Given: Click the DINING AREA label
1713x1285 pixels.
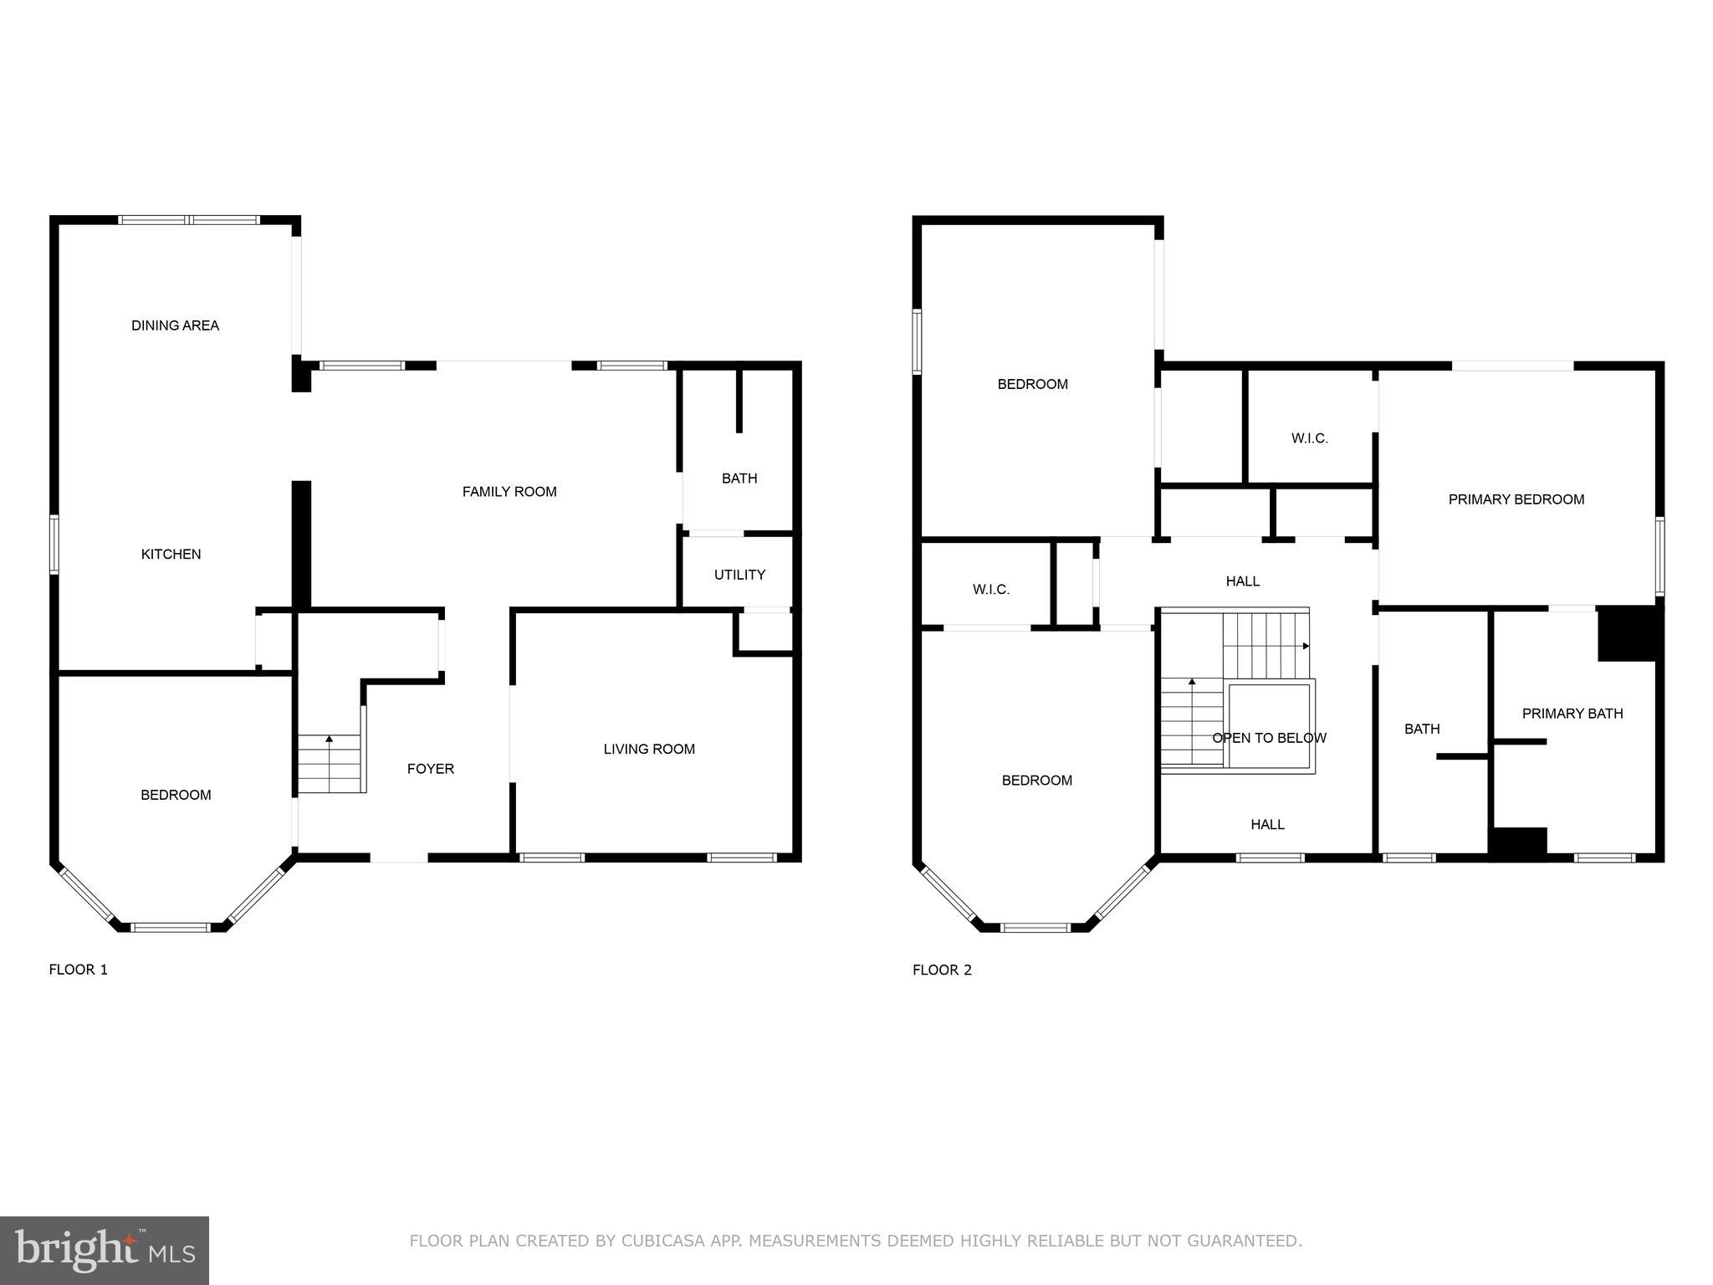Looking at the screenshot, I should pyautogui.click(x=175, y=325).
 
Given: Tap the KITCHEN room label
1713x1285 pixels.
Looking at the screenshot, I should pyautogui.click(x=171, y=554).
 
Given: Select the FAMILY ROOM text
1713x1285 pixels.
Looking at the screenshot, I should pyautogui.click(x=509, y=492).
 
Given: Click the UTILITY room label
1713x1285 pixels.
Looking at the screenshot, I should pyautogui.click(x=739, y=575).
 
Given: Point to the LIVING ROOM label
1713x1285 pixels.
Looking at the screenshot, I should pyautogui.click(x=649, y=749).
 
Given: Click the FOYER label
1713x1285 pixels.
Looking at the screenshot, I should pyautogui.click(x=431, y=769).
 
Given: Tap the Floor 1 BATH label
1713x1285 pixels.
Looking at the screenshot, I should pyautogui.click(x=739, y=479).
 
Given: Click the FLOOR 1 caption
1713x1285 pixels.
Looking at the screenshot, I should pyautogui.click(x=79, y=970).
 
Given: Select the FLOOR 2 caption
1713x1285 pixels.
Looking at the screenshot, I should pyautogui.click(x=942, y=970).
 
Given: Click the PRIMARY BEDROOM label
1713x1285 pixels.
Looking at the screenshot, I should pyautogui.click(x=1516, y=499).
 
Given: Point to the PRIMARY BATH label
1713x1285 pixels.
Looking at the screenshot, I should pyautogui.click(x=1572, y=714).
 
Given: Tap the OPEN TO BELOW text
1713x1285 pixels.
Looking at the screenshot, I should pyautogui.click(x=1269, y=738).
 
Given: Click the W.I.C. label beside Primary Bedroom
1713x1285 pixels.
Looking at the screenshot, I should pyautogui.click(x=1309, y=438).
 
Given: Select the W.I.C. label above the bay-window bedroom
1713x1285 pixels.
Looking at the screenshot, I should pyautogui.click(x=990, y=590).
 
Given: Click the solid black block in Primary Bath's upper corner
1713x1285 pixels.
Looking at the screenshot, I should pyautogui.click(x=1626, y=634).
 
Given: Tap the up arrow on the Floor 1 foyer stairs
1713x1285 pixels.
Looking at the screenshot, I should pyautogui.click(x=330, y=739).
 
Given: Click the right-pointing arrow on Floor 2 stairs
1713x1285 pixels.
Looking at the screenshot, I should pyautogui.click(x=1306, y=646).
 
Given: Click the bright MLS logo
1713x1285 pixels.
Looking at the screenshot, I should pyautogui.click(x=105, y=1250).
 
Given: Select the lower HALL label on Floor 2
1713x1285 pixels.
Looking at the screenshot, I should pyautogui.click(x=1267, y=825).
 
